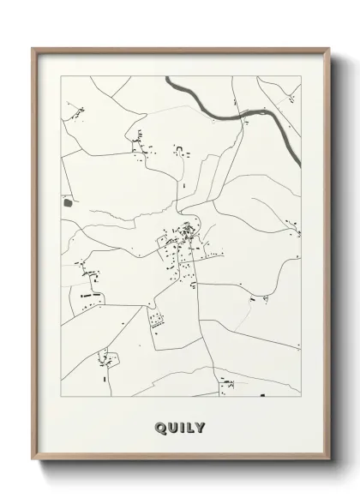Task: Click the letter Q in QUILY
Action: coord(160,427)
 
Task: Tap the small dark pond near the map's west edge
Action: coord(68,202)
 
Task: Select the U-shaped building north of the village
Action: coord(179,152)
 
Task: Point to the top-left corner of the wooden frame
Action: coord(33,49)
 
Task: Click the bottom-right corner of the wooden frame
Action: coord(329,464)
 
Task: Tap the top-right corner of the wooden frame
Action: coord(329,49)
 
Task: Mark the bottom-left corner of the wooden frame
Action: coord(33,464)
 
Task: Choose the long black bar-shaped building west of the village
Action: coord(91,294)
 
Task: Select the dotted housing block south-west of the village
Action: coord(156,321)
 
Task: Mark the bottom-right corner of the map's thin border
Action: coord(301,397)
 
